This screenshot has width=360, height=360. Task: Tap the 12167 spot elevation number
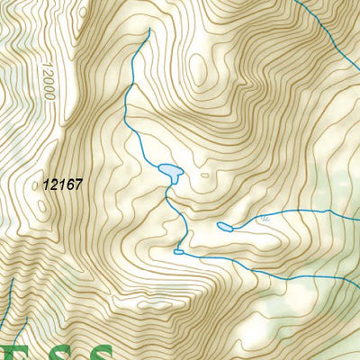[62, 184]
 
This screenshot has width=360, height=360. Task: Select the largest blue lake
[168, 171]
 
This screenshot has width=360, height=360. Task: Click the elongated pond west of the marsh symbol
[225, 227]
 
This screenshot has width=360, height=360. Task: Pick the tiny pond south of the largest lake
[178, 253]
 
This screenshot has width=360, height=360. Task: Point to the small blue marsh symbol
[263, 219]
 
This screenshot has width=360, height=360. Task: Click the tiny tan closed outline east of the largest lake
[204, 175]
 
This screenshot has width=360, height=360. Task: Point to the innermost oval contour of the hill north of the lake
[199, 68]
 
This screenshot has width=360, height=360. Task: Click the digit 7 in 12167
[78, 184]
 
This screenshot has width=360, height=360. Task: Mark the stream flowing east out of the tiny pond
[216, 260]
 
